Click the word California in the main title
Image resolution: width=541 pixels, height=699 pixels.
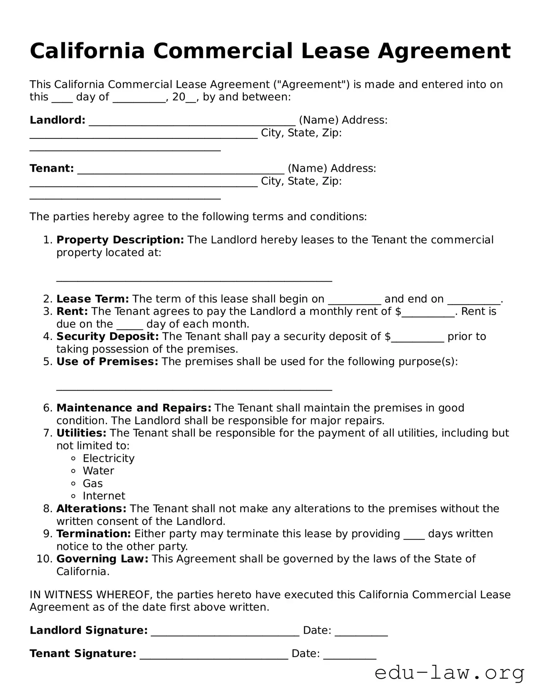(x=87, y=51)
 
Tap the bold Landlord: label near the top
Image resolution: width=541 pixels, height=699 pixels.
(x=57, y=120)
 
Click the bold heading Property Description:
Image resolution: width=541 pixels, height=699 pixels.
(x=120, y=240)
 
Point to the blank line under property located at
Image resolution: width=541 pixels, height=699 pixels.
(x=194, y=279)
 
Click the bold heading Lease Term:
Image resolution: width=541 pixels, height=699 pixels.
(x=92, y=299)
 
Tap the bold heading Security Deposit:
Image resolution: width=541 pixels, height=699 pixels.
(x=107, y=337)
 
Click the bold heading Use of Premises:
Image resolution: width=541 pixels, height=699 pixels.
(x=107, y=362)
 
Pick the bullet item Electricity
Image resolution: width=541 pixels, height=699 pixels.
(x=109, y=458)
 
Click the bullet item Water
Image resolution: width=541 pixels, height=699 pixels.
(x=98, y=471)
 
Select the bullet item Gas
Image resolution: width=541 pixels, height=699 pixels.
(x=92, y=483)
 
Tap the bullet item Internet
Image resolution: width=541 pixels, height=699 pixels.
(x=104, y=496)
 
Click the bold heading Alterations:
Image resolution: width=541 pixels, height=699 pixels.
(x=91, y=509)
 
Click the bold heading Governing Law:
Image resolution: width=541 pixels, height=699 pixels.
(x=102, y=559)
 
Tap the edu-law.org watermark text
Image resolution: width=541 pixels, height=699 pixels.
(x=449, y=673)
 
